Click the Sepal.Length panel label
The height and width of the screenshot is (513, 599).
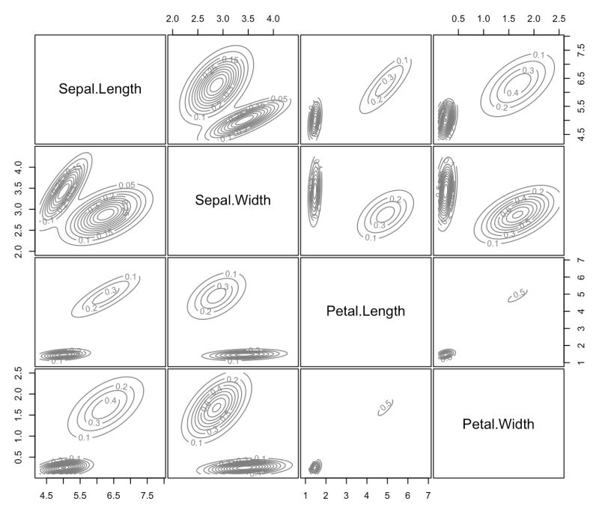pos(100,90)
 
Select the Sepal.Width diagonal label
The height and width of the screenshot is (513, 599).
pos(233,200)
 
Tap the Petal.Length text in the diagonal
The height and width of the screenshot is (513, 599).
pos(365,311)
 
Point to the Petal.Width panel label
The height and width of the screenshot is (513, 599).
pos(498,425)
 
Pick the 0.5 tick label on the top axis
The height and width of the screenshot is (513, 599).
pos(458,17)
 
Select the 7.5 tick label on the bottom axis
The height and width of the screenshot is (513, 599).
pos(148,496)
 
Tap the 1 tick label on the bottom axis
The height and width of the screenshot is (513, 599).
pos(305,496)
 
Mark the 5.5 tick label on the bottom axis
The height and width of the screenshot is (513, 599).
pos(80,496)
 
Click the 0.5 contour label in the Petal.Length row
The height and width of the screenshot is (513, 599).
pos(518,294)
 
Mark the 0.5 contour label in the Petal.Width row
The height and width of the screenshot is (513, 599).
pos(386,406)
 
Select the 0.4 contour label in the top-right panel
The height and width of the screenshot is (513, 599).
pos(512,93)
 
